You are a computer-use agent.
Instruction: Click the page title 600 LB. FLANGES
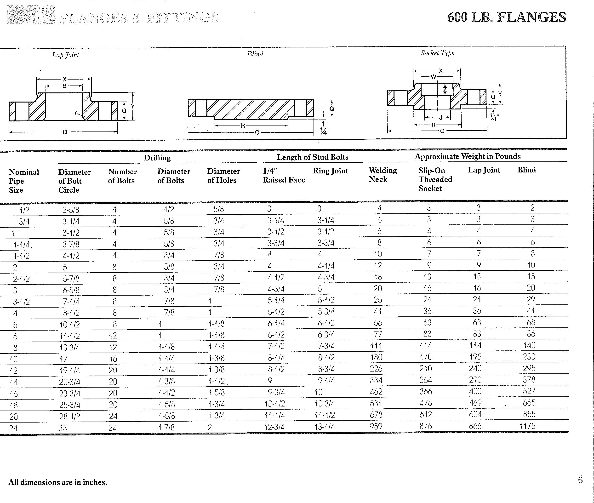pos(506,17)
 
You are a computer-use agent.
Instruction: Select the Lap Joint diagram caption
pos(65,55)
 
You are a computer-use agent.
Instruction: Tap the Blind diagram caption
pos(255,54)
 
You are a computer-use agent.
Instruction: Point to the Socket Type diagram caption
pos(437,53)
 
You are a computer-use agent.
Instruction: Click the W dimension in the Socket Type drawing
pos(433,77)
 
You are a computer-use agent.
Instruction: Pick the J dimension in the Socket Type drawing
pos(440,117)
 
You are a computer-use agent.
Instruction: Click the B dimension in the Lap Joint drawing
pos(64,86)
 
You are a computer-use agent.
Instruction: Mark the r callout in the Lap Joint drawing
pos(76,113)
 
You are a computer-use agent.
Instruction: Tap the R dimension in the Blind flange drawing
pos(243,126)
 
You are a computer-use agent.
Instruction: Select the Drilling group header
pos(157,157)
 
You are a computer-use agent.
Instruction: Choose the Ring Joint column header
pos(330,171)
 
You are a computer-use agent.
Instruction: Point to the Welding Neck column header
pos(383,175)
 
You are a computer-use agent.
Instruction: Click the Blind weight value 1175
pos(527,426)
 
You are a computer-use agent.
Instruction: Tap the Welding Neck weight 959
pos(376,426)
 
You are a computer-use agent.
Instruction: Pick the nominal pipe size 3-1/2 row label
pos(21,302)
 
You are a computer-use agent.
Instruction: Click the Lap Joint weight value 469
pos(475,403)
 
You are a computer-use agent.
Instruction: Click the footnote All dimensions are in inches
pos(58,482)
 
